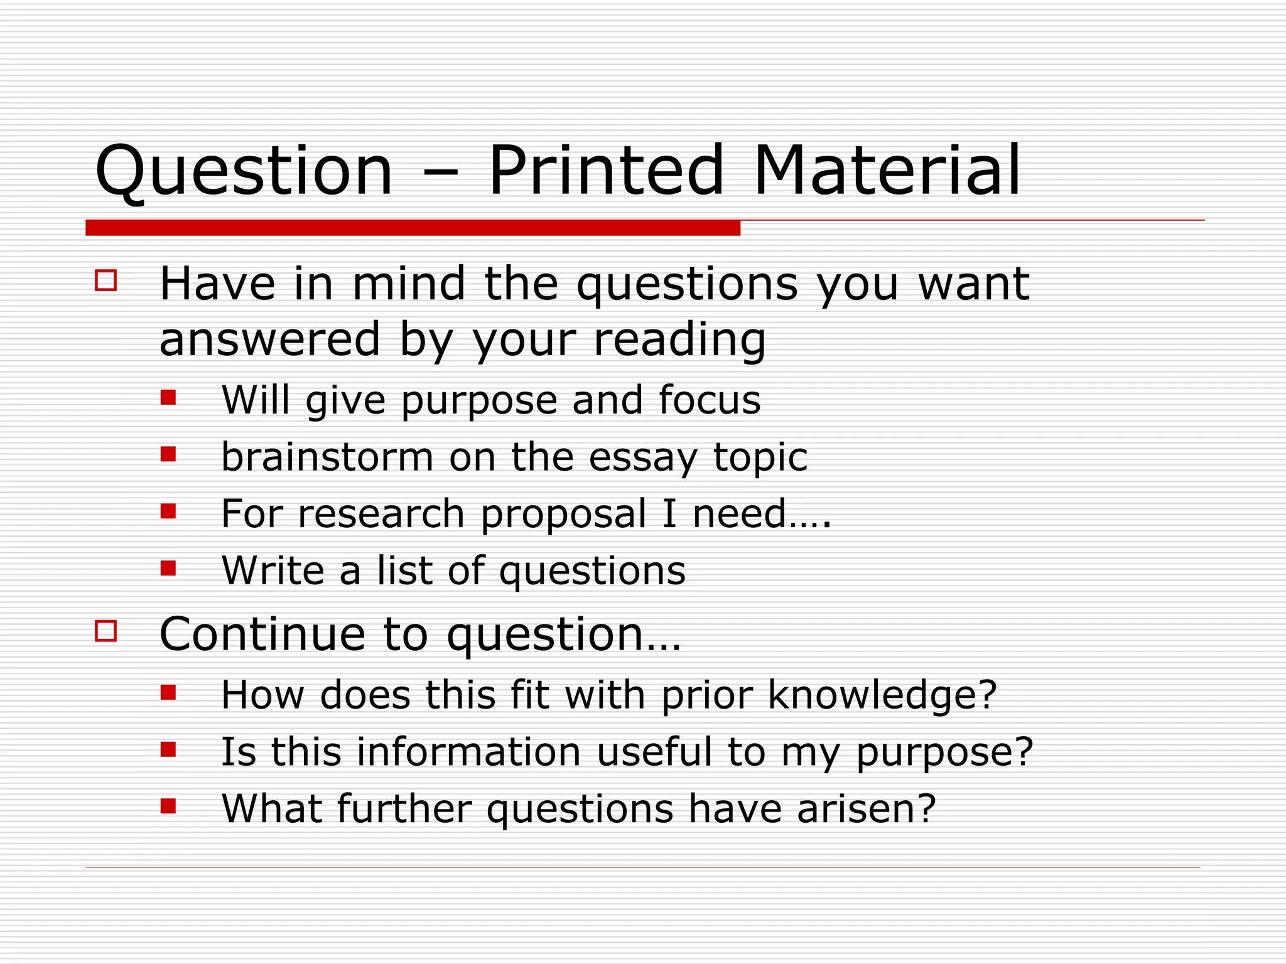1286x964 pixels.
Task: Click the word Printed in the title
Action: click(x=606, y=170)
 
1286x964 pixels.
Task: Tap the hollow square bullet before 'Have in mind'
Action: click(x=105, y=280)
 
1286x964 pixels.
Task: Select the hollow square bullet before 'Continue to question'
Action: click(x=105, y=630)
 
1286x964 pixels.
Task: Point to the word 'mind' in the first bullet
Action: click(x=409, y=284)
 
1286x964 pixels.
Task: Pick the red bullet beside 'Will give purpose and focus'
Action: click(x=168, y=397)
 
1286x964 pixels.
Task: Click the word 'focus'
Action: click(x=710, y=400)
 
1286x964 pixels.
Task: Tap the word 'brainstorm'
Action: click(x=327, y=457)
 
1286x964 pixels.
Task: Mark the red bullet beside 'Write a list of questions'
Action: click(x=168, y=568)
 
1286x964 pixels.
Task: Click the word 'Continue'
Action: click(x=262, y=634)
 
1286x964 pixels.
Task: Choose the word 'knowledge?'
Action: click(x=882, y=695)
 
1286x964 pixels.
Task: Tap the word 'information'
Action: click(x=469, y=752)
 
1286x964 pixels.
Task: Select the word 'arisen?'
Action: click(x=867, y=808)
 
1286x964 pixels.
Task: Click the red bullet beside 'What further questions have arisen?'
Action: click(x=168, y=805)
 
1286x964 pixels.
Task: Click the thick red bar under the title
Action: click(x=413, y=228)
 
